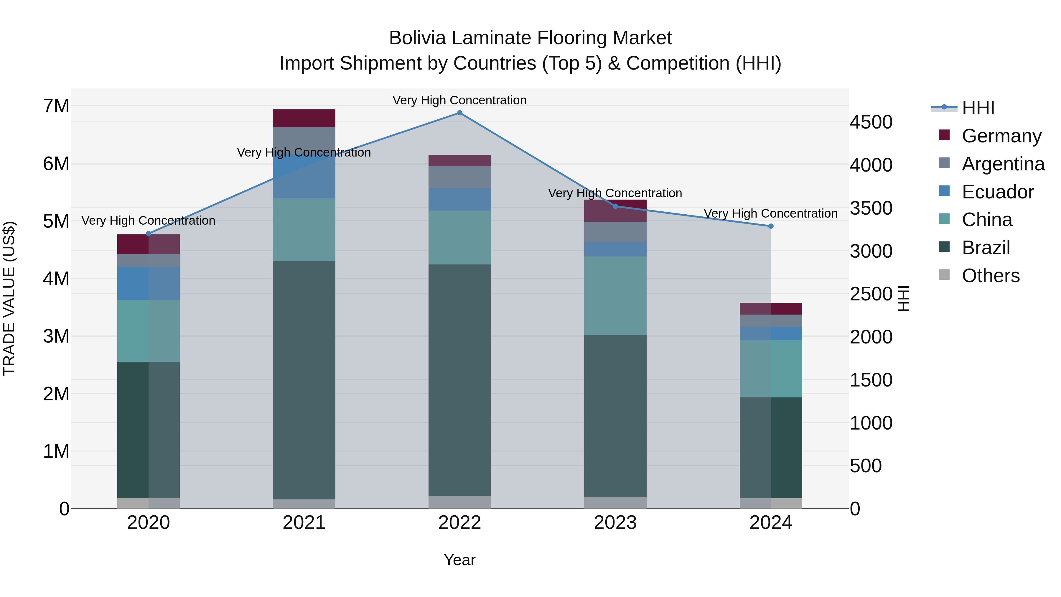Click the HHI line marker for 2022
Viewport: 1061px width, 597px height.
click(460, 113)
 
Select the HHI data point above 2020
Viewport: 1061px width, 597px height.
click(149, 233)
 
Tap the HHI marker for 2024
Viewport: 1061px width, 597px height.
click(771, 226)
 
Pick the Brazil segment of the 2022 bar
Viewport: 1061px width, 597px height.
click(460, 380)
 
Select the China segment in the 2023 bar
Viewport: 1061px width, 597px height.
click(615, 295)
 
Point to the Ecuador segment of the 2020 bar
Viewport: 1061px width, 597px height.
click(149, 283)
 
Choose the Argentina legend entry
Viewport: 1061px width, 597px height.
click(1003, 164)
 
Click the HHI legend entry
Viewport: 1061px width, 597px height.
click(978, 108)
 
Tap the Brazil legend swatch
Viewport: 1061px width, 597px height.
click(944, 247)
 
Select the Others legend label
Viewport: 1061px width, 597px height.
click(991, 276)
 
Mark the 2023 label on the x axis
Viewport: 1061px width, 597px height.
click(615, 523)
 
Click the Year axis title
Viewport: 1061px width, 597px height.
click(460, 560)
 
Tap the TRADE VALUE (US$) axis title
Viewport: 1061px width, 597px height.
click(9, 298)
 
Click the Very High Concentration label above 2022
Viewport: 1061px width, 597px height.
click(460, 100)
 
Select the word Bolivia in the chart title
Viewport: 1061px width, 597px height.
click(416, 38)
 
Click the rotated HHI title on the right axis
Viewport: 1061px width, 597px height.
click(903, 298)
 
